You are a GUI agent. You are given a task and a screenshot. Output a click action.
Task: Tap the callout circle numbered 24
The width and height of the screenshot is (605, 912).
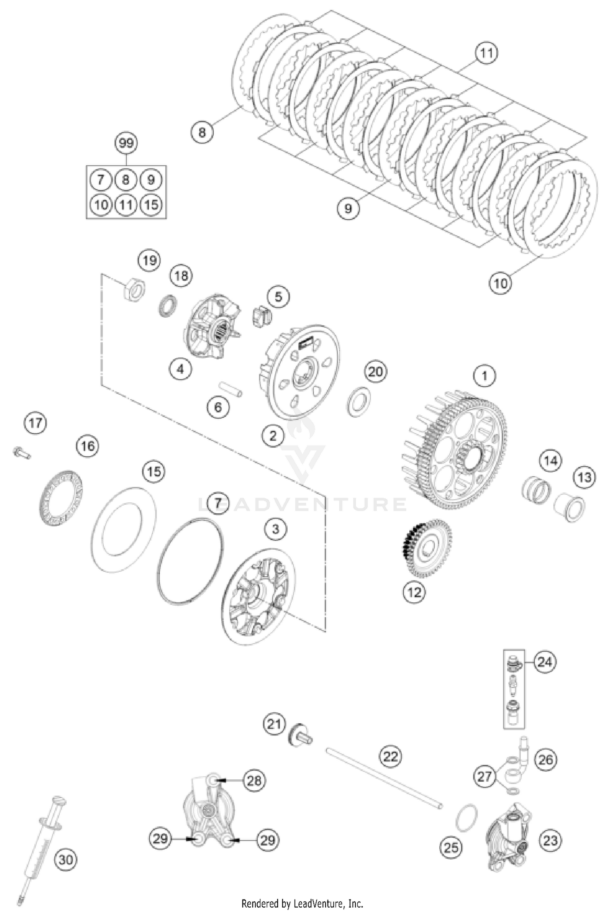544,662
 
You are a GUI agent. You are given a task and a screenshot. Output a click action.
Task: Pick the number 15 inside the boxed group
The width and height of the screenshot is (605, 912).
151,205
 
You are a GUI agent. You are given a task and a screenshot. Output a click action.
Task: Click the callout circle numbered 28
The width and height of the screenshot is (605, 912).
255,781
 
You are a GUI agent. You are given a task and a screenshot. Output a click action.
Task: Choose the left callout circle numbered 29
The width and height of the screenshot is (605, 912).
160,839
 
